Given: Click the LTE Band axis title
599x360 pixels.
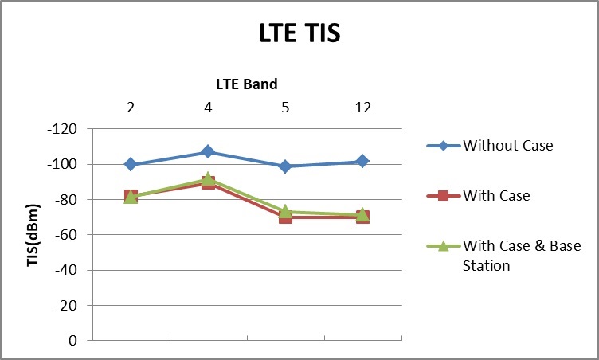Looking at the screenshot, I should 247,84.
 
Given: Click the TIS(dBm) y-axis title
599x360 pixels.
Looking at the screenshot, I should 34,234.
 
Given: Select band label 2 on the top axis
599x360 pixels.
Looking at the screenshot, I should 131,108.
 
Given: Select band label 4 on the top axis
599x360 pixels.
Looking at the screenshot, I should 208,108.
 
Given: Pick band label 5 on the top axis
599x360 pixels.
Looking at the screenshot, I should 285,108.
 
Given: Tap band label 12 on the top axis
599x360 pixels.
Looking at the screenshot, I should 362,108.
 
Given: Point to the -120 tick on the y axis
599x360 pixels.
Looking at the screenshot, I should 69,129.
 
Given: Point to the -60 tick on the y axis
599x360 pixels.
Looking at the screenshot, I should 71,235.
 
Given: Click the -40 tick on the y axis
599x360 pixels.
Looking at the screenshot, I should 71,270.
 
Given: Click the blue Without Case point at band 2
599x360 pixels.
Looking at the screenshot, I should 131,164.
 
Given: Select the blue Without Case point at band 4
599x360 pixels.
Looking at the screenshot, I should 208,151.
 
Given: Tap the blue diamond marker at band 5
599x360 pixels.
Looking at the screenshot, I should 285,166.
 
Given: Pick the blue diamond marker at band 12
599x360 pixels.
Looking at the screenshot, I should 362,162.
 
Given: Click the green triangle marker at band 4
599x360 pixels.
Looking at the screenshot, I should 208,179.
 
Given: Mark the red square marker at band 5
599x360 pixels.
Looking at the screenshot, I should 285,217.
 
